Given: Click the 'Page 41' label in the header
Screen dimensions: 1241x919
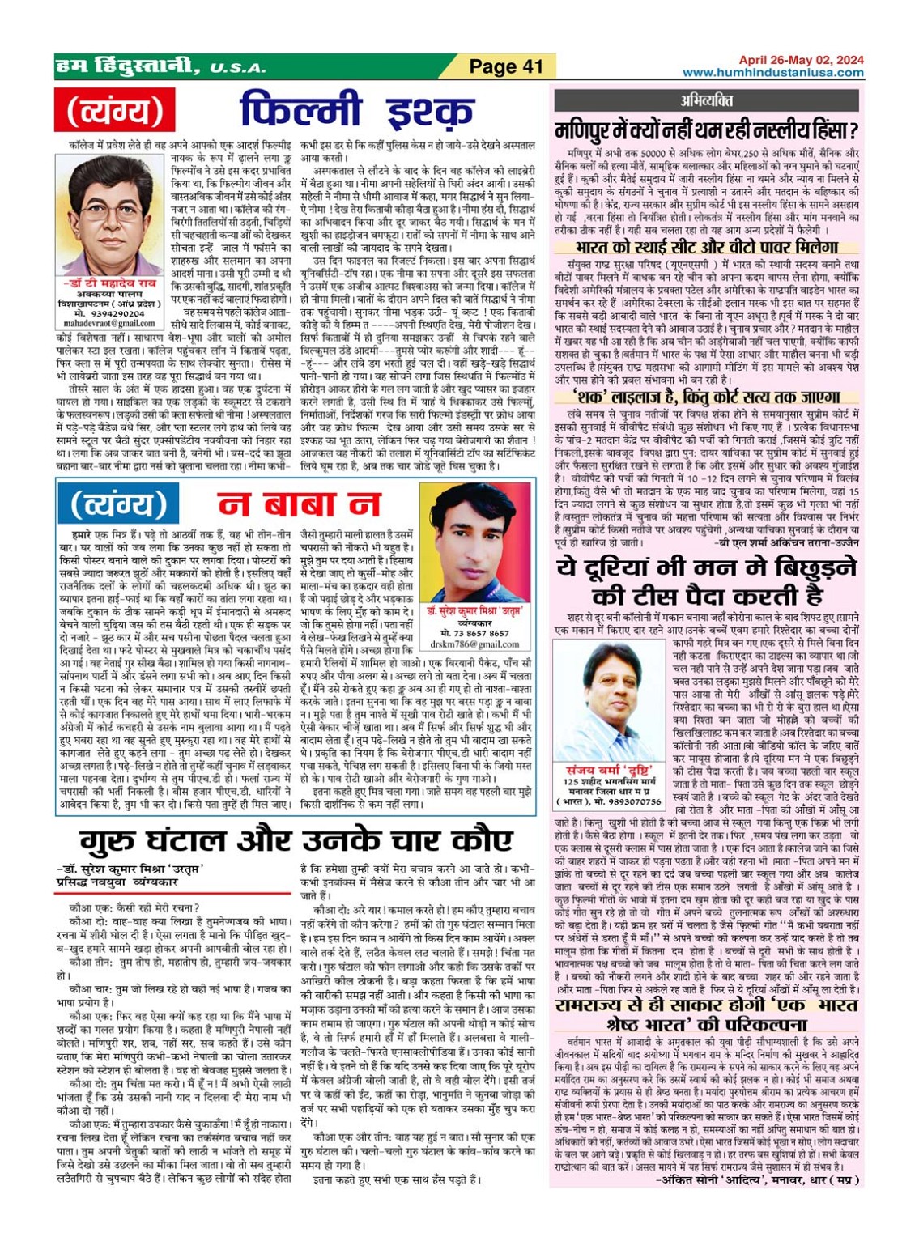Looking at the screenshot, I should point(506,66).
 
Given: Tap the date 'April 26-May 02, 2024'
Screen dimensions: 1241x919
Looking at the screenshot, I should point(801,60).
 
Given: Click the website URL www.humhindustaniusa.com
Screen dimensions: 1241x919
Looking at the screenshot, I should point(772,73).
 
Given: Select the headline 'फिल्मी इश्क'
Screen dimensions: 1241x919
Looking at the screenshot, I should point(356,111).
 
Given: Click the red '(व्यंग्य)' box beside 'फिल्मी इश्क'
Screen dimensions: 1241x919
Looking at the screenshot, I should point(109,111).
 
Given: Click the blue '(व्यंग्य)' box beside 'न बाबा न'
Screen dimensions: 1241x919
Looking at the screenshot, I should point(120,504).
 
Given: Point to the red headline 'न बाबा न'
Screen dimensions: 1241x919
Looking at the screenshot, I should point(299,504).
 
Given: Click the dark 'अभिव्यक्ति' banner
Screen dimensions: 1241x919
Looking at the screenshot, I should point(706,100).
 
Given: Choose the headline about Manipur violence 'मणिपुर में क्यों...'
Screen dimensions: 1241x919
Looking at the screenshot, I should point(706,130).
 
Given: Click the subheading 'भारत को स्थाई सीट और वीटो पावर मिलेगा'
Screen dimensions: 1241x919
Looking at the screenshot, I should point(706,247).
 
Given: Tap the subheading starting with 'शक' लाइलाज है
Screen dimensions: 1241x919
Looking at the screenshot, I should point(706,397).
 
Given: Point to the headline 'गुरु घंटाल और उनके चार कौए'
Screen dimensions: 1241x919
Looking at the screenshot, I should point(296,839).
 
